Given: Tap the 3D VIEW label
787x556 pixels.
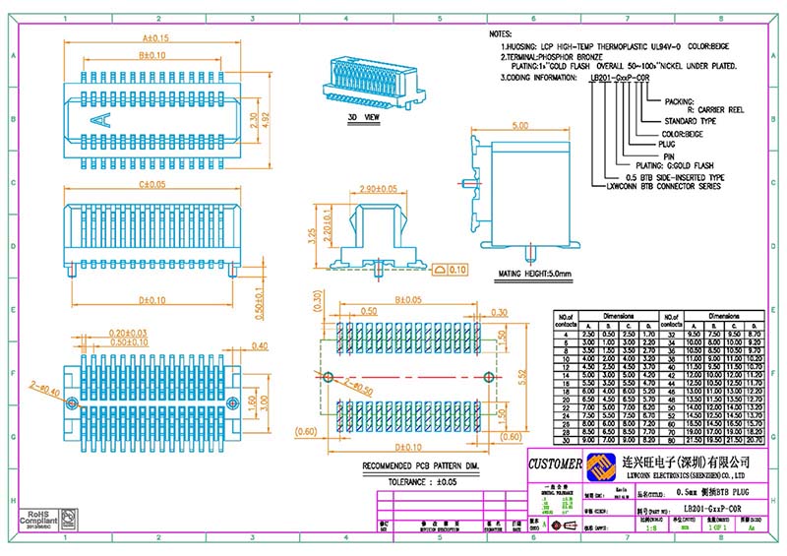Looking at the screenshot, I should (x=363, y=116).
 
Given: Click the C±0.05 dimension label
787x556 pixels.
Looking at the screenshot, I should (x=151, y=184).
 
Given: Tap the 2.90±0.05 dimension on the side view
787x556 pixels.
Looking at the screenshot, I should (x=378, y=188).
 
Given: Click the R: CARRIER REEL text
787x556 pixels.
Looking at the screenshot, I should (x=706, y=110).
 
